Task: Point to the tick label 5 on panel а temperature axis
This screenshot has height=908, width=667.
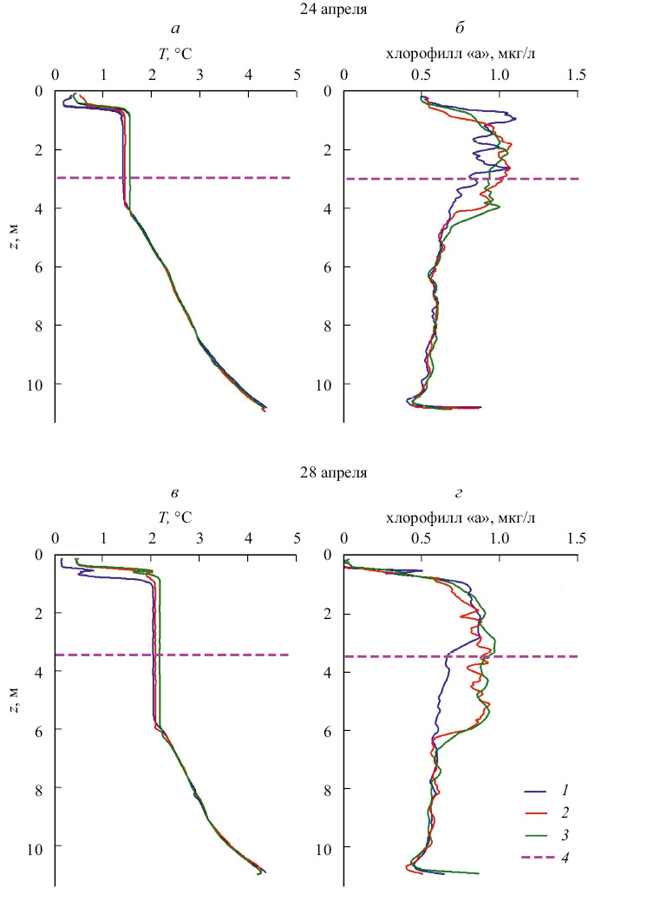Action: point(297,76)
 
